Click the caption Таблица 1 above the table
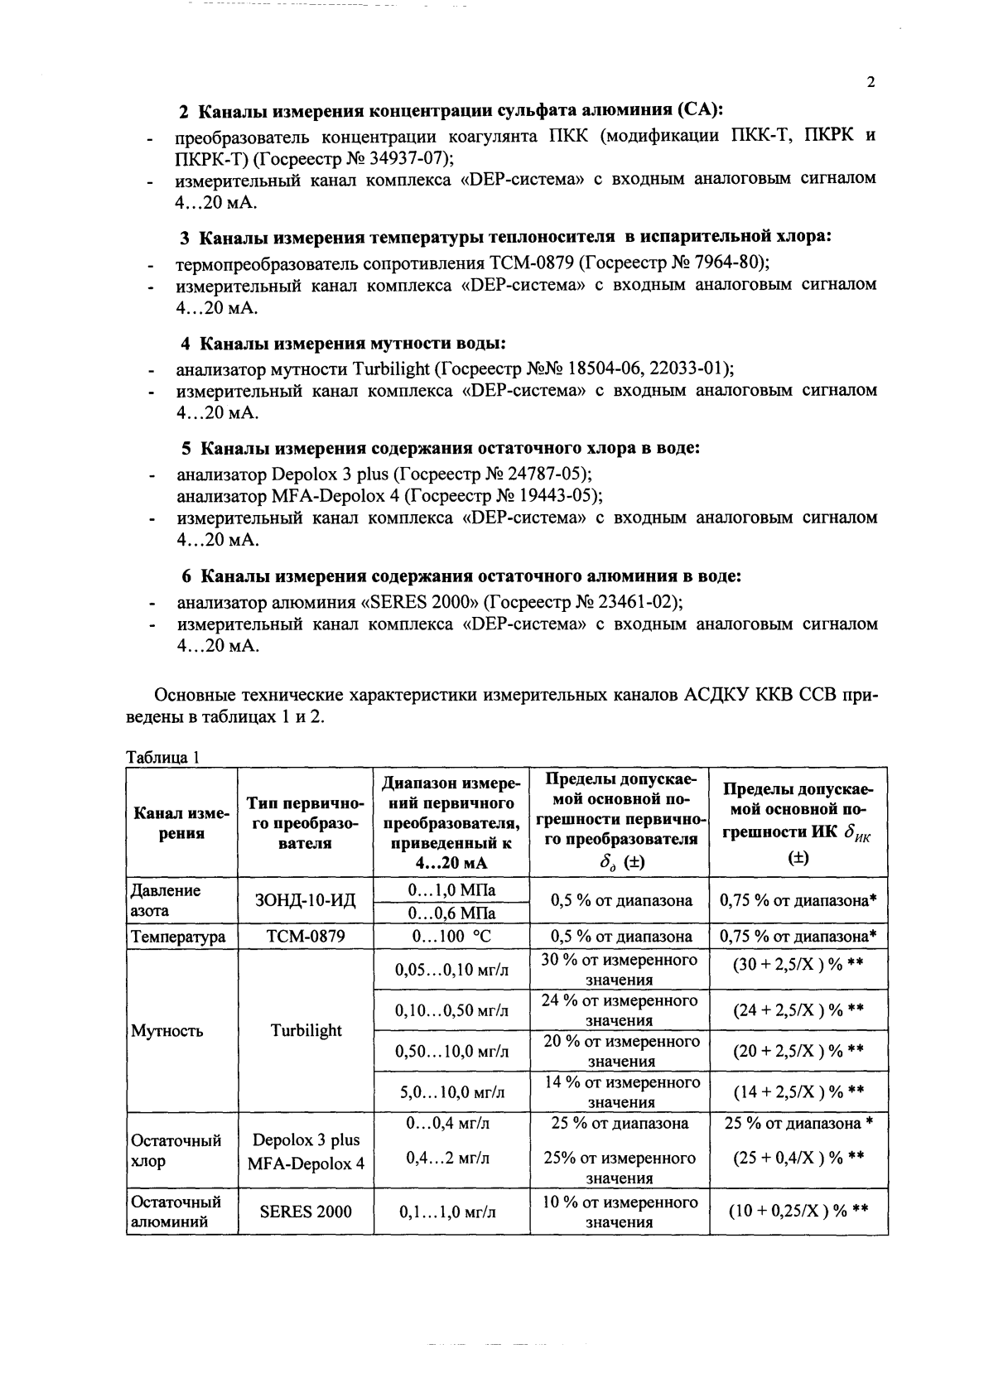pos(163,756)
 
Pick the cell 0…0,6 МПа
pos(451,913)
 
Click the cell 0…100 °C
pos(451,937)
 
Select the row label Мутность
pos(166,1031)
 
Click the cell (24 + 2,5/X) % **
pos(798,1009)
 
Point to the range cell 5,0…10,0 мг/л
pos(451,1091)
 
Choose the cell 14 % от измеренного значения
pos(620,1091)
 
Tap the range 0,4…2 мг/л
pos(451,1158)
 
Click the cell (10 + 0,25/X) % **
pos(798,1212)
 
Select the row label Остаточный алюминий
pos(176,1212)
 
